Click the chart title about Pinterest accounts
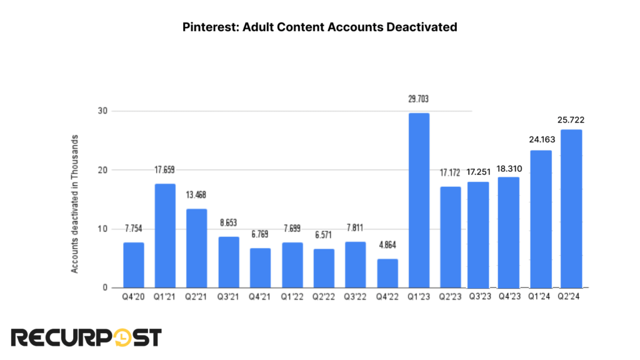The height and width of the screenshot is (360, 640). point(319,27)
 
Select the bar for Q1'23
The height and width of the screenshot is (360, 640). point(419,200)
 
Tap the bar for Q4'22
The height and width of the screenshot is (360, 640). point(387,273)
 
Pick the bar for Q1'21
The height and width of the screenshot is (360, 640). point(165,236)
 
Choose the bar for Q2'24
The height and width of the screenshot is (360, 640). point(571,209)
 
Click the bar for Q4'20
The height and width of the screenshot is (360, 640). point(134,265)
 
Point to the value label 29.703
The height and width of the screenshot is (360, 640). point(419,99)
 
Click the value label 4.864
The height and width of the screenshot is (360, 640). point(387,245)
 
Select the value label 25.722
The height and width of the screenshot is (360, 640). point(572,119)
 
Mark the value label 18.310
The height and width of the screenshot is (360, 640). point(509,169)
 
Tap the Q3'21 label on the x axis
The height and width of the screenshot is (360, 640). point(228,297)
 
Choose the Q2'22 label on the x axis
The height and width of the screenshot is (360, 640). point(324,297)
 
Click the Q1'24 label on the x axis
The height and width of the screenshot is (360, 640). point(540,297)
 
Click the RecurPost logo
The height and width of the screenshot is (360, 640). point(86,337)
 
